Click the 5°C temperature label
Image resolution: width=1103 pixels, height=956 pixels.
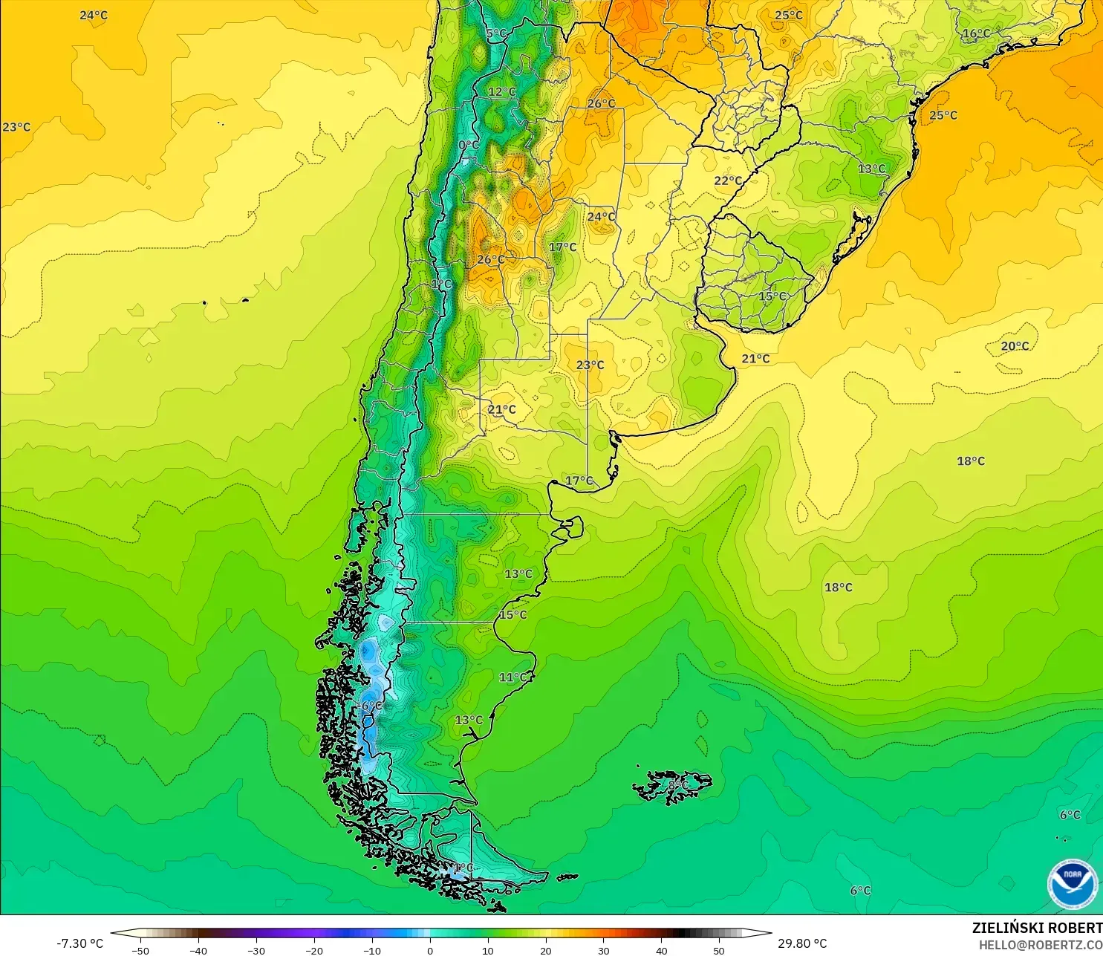coord(496,34)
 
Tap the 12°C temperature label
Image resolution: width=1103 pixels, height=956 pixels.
coord(502,92)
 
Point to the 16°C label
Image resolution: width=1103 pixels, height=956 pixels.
coord(976,33)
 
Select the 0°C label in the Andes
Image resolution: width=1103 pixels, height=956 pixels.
coord(469,145)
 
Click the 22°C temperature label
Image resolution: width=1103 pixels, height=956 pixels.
coord(728,181)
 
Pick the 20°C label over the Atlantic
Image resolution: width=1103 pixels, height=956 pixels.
coord(1015,346)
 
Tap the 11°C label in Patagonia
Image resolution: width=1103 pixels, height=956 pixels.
coord(513,677)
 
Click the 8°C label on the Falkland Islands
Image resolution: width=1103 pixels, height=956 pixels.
coord(677,784)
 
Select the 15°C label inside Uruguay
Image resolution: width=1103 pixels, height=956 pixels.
coord(772,296)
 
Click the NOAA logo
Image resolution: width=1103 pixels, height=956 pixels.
coord(1072,884)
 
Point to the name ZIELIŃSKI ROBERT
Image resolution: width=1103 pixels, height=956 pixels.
coord(1037,928)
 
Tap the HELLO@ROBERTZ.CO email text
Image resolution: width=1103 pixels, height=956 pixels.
coord(1040,945)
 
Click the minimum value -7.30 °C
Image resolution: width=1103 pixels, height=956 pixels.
coord(79,943)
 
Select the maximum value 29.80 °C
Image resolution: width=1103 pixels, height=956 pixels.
coord(802,943)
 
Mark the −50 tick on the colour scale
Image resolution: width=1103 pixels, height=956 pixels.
coord(140,950)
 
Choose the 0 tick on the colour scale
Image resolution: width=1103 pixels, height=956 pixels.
coord(430,950)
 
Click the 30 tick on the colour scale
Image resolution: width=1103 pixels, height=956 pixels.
coord(603,950)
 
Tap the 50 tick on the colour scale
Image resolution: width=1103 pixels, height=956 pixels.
coord(719,950)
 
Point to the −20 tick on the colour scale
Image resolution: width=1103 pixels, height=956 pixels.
coord(313,950)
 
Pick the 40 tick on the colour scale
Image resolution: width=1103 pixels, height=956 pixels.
coord(661,950)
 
